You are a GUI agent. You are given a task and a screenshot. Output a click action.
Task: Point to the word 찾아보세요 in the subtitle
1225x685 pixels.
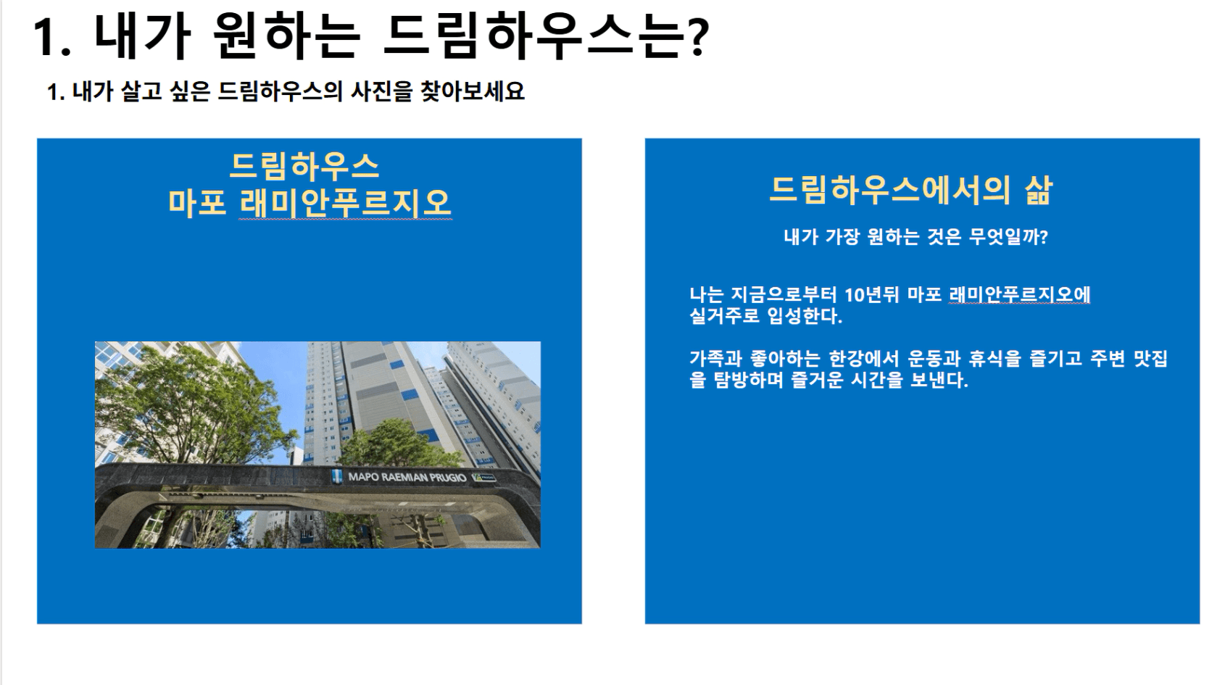[473, 91]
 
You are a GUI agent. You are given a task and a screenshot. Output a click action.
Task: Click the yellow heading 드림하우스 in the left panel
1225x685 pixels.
[304, 166]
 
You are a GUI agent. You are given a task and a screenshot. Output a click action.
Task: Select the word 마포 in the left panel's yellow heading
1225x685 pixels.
[197, 202]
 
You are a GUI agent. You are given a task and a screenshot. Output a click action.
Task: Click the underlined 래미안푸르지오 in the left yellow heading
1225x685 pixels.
[346, 202]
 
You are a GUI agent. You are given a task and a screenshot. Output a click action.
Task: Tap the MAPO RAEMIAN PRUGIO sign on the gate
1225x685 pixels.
[407, 477]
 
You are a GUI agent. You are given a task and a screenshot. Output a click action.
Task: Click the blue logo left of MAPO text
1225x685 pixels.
[337, 476]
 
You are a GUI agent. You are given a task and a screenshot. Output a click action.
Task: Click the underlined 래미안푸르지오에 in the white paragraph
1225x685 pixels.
[1019, 295]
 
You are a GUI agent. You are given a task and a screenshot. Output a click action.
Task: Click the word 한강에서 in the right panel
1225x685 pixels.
[864, 359]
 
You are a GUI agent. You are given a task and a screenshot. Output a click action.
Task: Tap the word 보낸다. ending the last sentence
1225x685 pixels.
[939, 380]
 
